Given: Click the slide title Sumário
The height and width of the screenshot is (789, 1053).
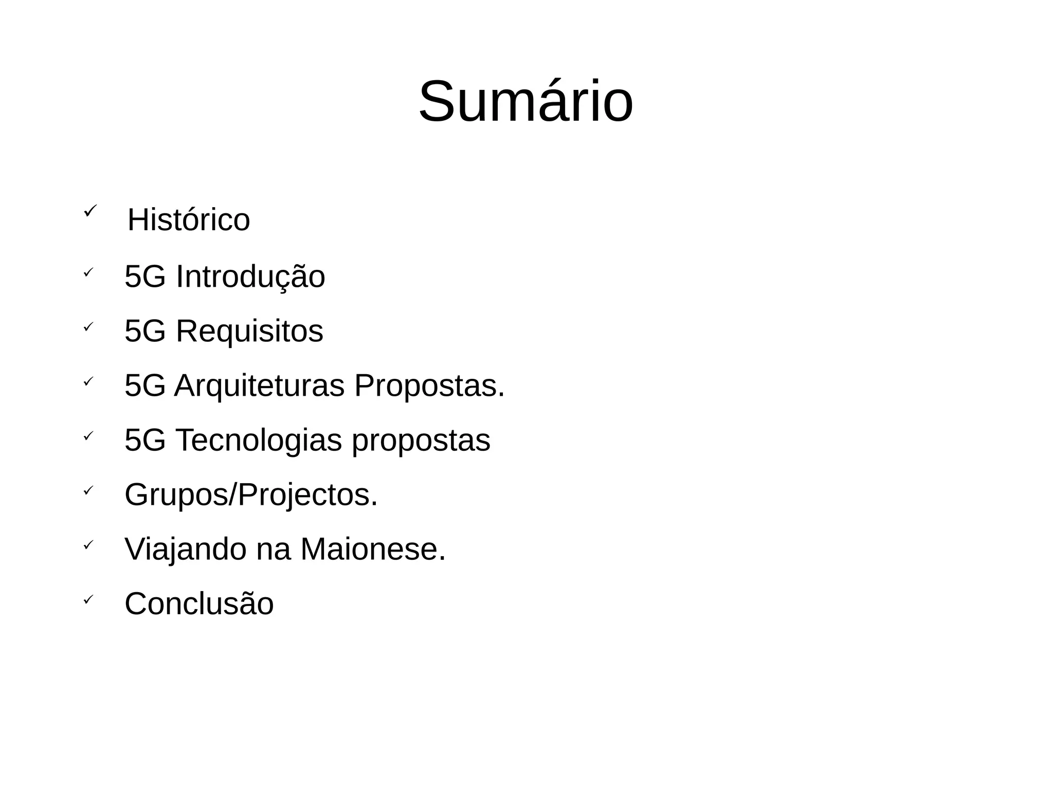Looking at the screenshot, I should coord(525,102).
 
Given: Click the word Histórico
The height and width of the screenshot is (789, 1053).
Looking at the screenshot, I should coord(189,220).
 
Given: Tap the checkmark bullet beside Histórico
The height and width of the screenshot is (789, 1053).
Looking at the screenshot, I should coord(89,210).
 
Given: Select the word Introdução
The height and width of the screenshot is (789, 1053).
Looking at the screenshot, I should coord(250,277).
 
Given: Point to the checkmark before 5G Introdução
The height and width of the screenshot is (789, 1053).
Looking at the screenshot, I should coord(88,272).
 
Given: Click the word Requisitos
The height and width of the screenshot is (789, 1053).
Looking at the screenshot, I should coord(249,331).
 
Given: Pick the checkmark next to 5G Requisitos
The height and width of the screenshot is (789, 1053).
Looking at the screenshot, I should coord(88,326).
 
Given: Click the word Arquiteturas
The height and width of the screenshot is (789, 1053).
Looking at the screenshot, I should coord(259,386).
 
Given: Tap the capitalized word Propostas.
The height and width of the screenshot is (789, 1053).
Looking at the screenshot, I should coord(429,386).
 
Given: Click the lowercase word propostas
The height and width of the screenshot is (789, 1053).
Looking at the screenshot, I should coord(421,441).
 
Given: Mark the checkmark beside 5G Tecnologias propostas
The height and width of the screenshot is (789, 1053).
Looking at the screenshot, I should coord(88,436).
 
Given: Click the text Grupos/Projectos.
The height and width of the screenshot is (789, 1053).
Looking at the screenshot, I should coord(251,495).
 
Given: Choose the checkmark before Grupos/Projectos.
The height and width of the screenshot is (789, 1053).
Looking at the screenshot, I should coord(88,490).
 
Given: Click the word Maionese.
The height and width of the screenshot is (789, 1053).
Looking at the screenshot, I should coord(373,549).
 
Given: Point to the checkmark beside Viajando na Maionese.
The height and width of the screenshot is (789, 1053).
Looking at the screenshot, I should coord(88,545).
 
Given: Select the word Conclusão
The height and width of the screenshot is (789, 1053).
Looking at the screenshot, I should coord(199,603).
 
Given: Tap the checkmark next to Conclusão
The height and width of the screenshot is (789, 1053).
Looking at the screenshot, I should coord(88,599).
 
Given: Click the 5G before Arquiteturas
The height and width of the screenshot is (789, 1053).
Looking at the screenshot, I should coord(145,386).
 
